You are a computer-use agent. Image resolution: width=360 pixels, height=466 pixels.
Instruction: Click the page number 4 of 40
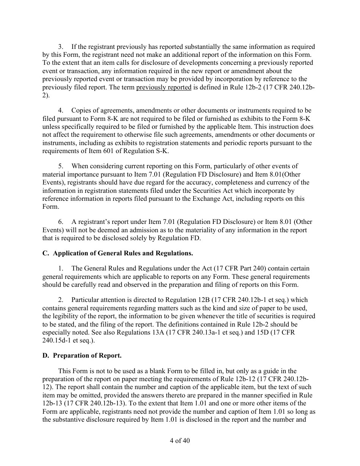coord(180,441)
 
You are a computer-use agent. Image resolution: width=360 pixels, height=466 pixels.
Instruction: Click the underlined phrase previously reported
coord(163,87)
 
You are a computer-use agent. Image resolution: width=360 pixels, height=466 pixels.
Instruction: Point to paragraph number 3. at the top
coord(61,47)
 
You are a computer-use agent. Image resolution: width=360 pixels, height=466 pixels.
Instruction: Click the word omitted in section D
coord(72,395)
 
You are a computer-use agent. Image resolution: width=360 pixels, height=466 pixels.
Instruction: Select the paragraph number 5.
coord(61,166)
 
